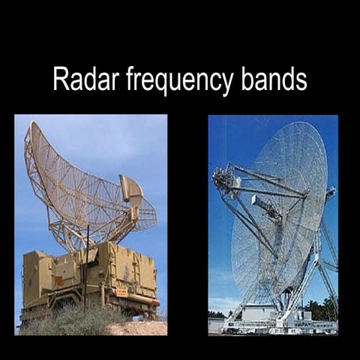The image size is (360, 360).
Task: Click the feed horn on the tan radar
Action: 131,191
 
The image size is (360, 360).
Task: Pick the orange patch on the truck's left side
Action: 58,280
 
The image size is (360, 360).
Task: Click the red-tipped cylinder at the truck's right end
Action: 154,302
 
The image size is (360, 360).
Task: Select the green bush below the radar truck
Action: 67,322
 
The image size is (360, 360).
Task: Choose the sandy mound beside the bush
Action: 139,328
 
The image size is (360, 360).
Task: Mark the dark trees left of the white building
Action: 217,313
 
